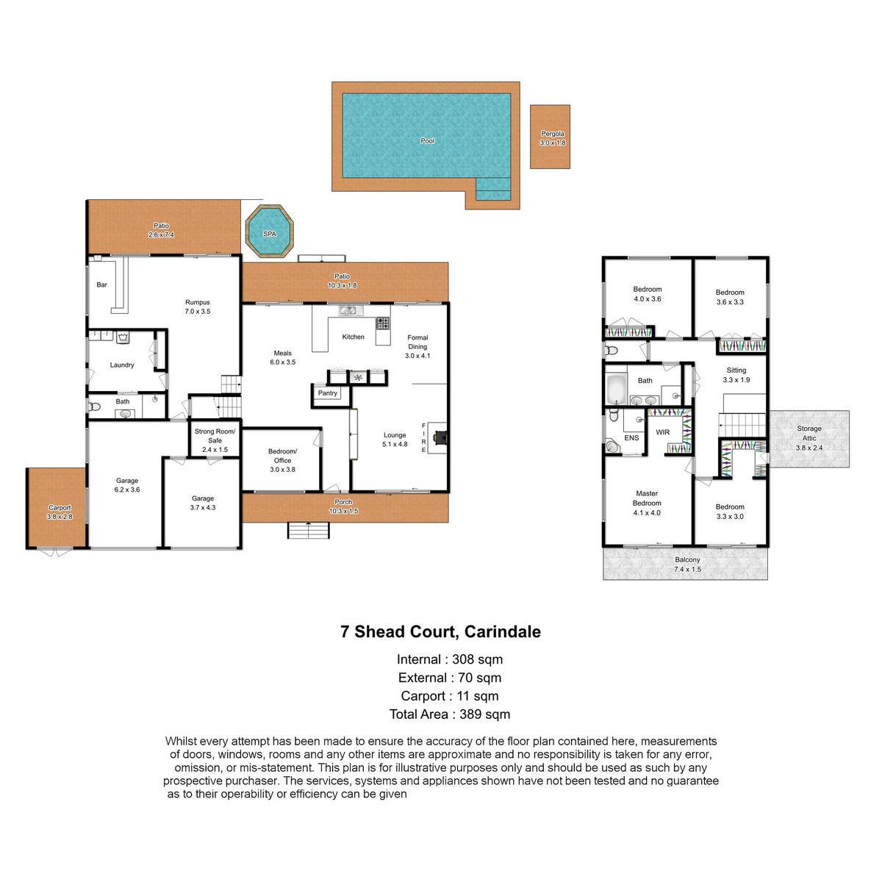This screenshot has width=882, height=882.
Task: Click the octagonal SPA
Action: pos(269,231)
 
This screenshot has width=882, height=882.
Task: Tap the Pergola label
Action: pos(553,134)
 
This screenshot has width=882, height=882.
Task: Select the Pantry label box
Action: pos(327,393)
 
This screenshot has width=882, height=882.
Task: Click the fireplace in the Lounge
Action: pos(438,437)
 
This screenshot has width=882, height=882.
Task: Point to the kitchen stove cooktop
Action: pos(383,323)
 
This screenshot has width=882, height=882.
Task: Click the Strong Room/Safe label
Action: pos(215,436)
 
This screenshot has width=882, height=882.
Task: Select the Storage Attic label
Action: pos(808,433)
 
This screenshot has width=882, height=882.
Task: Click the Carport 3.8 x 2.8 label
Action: pos(60,512)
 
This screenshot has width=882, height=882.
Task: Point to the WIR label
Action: pos(662,432)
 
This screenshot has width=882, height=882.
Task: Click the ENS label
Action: pos(631,438)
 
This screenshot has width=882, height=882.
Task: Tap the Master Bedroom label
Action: pos(647,498)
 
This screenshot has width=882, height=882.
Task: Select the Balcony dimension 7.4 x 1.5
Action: pos(687,570)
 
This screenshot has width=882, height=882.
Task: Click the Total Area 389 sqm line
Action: pos(450,714)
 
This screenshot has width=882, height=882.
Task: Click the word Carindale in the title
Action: pos(502,631)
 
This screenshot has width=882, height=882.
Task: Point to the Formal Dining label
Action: pos(417,342)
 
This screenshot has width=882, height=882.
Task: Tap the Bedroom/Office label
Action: pos(282,456)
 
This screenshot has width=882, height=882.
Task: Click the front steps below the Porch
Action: pos(308,531)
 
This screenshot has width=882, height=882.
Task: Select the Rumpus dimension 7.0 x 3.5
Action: pos(197,311)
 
